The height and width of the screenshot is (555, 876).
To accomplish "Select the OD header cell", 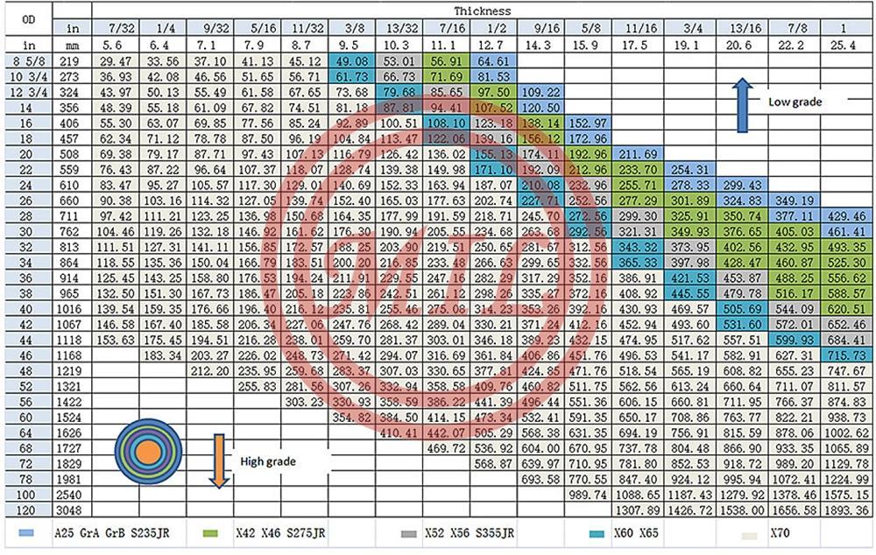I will click(29, 19).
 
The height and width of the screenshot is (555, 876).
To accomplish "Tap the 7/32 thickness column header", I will click(116, 28).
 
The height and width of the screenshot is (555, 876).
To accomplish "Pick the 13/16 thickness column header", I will click(738, 28).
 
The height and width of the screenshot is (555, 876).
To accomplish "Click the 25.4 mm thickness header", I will click(845, 44).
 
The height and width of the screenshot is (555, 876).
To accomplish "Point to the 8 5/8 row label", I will click(29, 60).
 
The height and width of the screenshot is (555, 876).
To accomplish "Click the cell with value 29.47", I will click(116, 60).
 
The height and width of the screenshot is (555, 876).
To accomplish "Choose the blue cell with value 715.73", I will click(845, 354).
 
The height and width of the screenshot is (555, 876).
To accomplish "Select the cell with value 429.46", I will click(845, 214).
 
